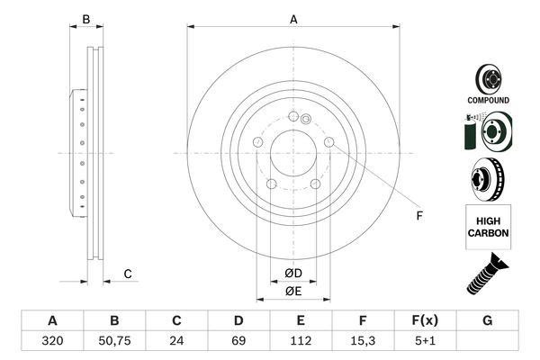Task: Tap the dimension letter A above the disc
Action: pos(293,19)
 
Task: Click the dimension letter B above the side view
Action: pos(86,19)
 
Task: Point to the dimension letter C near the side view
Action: pos(128,274)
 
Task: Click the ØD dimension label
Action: pos(293,273)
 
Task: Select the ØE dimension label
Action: pos(293,292)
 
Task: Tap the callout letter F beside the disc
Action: pos(419,215)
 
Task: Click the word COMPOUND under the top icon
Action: pos(488,100)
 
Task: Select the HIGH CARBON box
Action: pos(488,225)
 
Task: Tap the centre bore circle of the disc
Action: pos(293,153)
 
